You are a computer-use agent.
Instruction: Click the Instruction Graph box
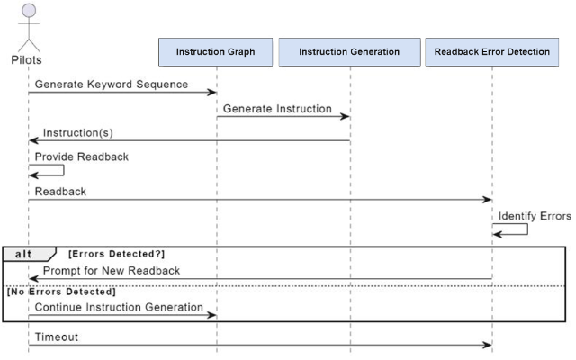pos(216,52)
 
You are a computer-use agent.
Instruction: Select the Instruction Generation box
pos(349,52)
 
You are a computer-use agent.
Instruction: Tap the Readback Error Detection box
pos(492,52)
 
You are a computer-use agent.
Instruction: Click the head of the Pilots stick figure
pos(29,10)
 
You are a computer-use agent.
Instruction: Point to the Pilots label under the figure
pos(26,60)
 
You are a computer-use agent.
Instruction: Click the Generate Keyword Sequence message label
pos(112,84)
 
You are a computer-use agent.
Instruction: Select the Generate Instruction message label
pos(277,109)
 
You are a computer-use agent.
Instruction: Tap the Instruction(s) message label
pos(78,132)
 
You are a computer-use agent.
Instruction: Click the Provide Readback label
pos(82,157)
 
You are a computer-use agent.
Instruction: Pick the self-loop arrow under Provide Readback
pos(64,170)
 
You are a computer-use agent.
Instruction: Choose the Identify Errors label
pos(535,216)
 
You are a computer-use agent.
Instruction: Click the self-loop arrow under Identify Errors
pos(527,229)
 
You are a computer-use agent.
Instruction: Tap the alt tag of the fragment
pos(23,254)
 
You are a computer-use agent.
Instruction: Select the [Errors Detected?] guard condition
pos(116,254)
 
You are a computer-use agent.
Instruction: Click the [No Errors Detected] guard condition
pos(61,292)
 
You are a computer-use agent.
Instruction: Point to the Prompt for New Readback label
pos(112,271)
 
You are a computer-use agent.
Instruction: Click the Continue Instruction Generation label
pos(119,307)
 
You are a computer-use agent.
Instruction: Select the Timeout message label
pos(57,337)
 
